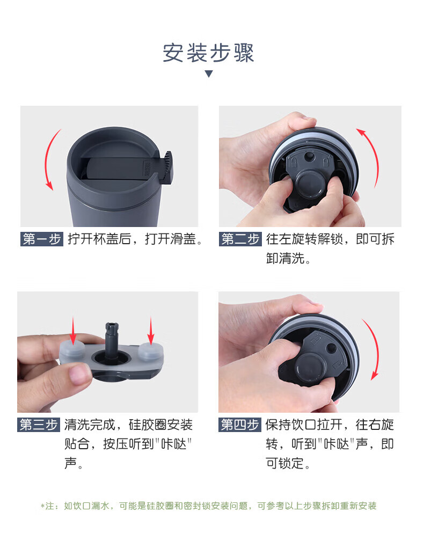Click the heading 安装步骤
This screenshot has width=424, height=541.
point(208,53)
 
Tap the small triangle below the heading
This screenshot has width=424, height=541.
point(209,74)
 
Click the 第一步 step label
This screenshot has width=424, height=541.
point(42,239)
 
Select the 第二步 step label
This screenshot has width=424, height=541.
point(240,239)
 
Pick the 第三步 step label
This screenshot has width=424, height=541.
point(39,425)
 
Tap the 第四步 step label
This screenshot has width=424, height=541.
point(240,425)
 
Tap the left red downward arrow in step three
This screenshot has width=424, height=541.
point(73,330)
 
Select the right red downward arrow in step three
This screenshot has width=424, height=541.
point(151,330)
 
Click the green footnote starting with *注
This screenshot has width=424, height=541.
point(208,506)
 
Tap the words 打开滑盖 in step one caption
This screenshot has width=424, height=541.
point(171,239)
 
